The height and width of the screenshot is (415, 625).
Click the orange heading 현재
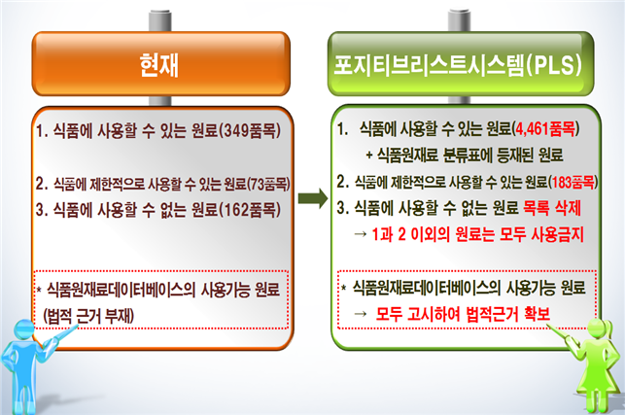pyautogui.click(x=158, y=65)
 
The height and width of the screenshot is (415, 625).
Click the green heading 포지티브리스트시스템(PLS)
pyautogui.click(x=458, y=65)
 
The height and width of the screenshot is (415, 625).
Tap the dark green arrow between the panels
pyautogui.click(x=313, y=198)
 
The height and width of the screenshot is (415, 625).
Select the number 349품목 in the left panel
pyautogui.click(x=250, y=130)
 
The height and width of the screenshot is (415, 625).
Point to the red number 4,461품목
pyautogui.click(x=545, y=128)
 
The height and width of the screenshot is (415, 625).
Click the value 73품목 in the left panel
pyautogui.click(x=268, y=184)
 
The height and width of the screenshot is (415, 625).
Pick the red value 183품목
pyautogui.click(x=573, y=182)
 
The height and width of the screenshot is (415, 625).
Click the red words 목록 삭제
pyautogui.click(x=552, y=208)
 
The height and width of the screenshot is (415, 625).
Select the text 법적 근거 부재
pyautogui.click(x=88, y=316)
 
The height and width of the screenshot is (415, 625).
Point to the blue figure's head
pyautogui.click(x=24, y=329)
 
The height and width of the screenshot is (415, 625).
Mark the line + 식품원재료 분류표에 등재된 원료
pyautogui.click(x=465, y=155)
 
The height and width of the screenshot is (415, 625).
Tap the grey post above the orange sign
pyautogui.click(x=159, y=20)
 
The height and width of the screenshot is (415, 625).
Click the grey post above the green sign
pyautogui.click(x=459, y=20)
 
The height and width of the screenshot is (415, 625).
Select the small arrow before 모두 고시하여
pyautogui.click(x=360, y=314)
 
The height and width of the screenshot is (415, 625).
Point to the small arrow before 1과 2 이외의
pyautogui.click(x=360, y=234)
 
